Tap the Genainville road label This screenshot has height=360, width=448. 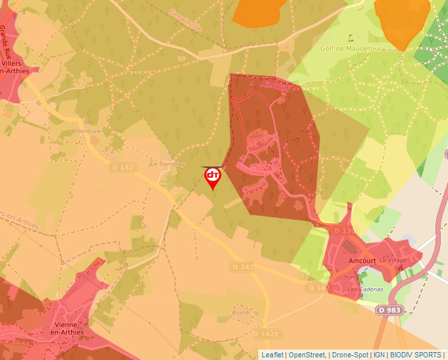tap(186, 22)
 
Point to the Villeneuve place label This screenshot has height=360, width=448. tap(86, 132)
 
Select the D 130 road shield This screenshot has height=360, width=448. tap(342, 231)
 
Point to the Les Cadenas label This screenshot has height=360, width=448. tap(361, 290)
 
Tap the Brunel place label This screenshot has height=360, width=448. tap(242, 313)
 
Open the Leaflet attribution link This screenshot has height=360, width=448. tap(272, 355)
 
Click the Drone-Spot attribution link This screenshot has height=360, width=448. tap(350, 355)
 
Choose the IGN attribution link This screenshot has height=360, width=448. tap(379, 355)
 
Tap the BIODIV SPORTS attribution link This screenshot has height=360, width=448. tap(416, 355)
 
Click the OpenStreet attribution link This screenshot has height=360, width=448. tap(307, 355)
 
